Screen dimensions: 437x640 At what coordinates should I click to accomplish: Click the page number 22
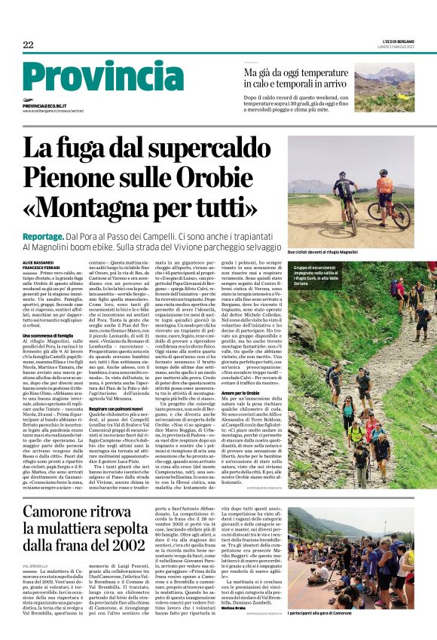point(28,44)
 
